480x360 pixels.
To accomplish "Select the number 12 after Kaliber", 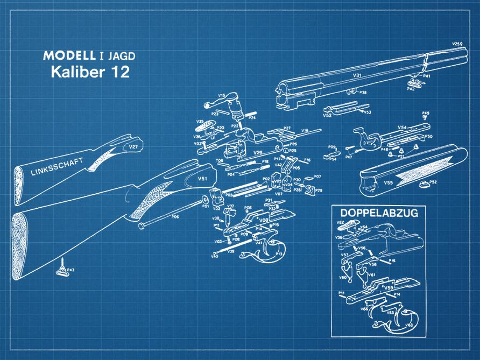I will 120,72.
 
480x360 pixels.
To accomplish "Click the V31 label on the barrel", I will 357,76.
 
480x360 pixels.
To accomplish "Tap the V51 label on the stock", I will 202,178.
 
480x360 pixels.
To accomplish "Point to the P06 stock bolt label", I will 175,216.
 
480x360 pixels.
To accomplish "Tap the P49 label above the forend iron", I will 426,113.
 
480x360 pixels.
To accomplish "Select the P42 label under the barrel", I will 411,89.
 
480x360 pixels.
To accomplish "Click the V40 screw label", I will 214,256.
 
